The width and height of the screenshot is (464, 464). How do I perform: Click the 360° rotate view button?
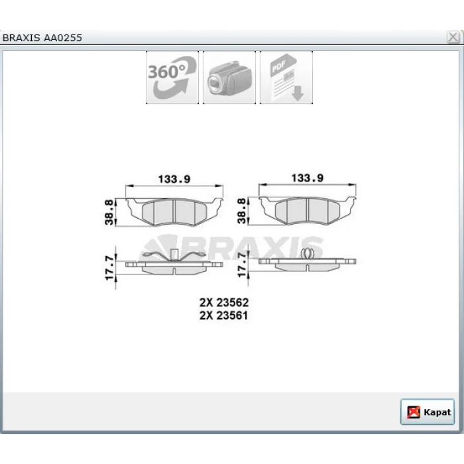point(172,78)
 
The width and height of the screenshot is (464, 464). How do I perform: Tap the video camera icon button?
point(229,78)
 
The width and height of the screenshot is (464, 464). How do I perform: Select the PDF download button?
point(286,78)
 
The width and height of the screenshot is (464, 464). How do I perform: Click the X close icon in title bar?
point(453,37)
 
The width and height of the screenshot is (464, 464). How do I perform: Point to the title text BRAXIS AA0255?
point(42,38)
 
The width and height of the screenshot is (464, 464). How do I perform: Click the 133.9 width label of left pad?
point(174,179)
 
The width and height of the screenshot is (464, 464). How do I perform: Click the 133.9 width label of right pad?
point(308,178)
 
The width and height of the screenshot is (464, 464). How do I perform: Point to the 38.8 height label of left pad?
point(109,212)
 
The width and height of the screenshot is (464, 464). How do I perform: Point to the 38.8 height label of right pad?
point(242,211)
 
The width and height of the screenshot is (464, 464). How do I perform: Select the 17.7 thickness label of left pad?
point(109,268)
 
